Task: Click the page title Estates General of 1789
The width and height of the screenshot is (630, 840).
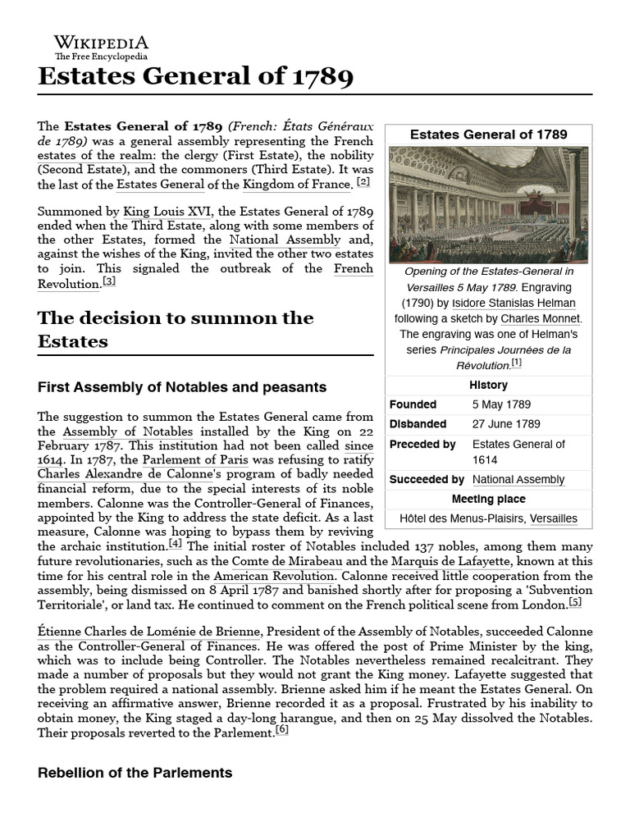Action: click(x=196, y=77)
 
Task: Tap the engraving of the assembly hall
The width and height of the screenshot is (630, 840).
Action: click(x=488, y=204)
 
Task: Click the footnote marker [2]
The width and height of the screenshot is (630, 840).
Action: click(x=363, y=182)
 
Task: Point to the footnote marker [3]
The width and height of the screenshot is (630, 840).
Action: click(x=109, y=281)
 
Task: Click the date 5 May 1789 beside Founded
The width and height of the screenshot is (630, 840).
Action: click(x=501, y=404)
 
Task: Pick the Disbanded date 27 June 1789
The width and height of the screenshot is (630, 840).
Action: click(x=506, y=424)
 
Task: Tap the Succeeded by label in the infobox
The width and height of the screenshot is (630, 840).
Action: click(x=427, y=479)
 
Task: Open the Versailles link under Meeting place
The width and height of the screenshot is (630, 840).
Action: click(x=553, y=518)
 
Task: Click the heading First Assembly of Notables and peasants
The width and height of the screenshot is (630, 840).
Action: click(x=182, y=386)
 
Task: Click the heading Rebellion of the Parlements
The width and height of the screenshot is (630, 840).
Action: click(x=135, y=773)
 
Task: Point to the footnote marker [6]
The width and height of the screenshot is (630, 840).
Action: click(x=282, y=730)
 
